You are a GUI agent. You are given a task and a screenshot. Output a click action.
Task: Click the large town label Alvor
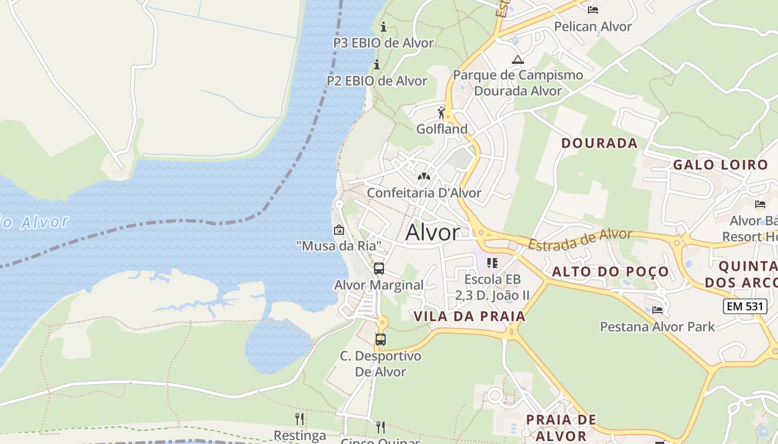tap(432, 233)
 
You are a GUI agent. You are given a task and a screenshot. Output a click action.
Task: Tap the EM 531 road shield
tap(745, 306)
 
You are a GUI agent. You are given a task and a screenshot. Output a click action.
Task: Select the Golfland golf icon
tap(442, 113)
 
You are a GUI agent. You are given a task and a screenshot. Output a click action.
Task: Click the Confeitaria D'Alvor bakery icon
tap(424, 176)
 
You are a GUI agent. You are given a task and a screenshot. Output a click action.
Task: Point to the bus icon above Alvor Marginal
tap(379, 269)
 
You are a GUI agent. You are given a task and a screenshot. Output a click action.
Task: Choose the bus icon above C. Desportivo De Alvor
tap(381, 340)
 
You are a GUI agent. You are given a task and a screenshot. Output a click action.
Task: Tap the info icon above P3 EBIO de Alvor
tap(383, 27)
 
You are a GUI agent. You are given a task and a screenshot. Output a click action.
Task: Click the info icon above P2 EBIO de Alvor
tap(377, 64)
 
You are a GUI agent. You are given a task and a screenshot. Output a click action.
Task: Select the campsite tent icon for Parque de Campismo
tap(518, 59)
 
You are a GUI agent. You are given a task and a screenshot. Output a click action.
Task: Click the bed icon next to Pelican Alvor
tap(593, 9)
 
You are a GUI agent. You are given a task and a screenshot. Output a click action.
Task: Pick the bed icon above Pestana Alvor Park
tap(657, 310)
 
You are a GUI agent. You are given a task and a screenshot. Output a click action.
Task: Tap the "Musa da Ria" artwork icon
tap(338, 229)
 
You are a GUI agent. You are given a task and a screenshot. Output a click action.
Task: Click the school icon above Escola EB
tap(492, 263)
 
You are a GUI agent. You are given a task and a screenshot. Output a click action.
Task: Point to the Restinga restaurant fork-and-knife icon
tap(300, 418)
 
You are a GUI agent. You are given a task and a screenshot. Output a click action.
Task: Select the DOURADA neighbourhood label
tap(599, 143)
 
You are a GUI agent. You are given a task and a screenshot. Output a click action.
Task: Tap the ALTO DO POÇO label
tap(610, 272)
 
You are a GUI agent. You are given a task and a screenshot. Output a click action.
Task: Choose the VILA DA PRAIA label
tap(470, 316)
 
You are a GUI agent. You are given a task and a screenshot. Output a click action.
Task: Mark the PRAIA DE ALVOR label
tap(561, 427)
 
